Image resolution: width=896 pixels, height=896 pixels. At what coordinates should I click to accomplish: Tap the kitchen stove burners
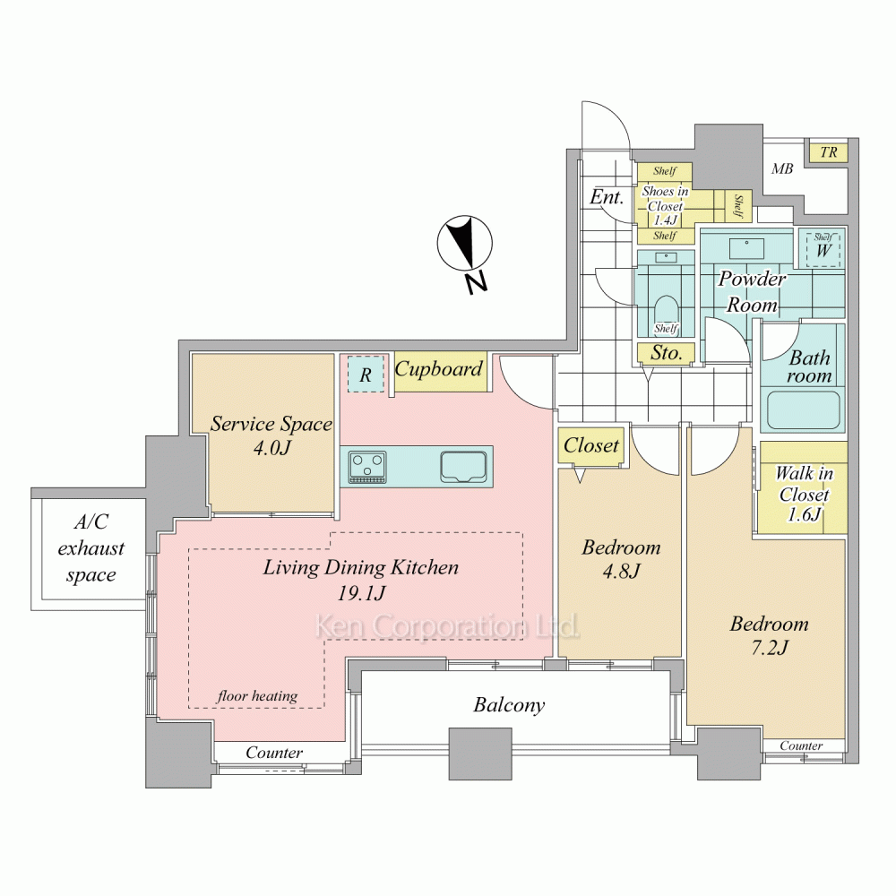click(x=367, y=468)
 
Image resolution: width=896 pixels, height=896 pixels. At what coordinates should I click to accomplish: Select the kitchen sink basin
click(x=463, y=466)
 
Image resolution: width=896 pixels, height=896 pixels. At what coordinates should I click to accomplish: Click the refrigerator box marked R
click(x=366, y=375)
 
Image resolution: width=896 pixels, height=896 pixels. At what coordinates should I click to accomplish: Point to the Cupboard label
click(x=439, y=369)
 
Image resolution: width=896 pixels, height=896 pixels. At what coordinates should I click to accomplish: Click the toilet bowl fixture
click(x=666, y=312)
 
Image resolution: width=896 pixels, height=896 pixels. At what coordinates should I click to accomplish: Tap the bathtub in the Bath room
click(x=803, y=409)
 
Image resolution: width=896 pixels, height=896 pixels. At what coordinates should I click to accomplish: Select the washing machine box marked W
click(x=823, y=248)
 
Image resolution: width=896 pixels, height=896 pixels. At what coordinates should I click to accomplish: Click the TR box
click(x=829, y=152)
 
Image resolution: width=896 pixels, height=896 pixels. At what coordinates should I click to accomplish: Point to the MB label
click(x=781, y=168)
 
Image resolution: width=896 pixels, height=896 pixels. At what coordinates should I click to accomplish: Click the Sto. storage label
click(x=667, y=353)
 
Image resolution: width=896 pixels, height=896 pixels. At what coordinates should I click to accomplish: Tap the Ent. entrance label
click(x=607, y=197)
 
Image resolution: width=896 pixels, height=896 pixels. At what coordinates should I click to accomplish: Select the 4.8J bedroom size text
click(x=621, y=570)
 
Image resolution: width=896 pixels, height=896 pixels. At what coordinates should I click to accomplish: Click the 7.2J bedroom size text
click(x=769, y=647)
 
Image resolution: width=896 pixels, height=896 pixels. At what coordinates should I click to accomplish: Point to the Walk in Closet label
click(x=804, y=494)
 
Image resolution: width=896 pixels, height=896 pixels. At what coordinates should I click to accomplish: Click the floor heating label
click(x=257, y=695)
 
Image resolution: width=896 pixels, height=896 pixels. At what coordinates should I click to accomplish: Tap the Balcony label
click(x=509, y=705)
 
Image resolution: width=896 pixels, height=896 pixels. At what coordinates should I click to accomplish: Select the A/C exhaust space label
click(x=90, y=548)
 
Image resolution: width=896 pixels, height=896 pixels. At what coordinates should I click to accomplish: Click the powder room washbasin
click(x=746, y=248)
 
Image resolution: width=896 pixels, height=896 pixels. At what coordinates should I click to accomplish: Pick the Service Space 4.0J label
click(x=271, y=435)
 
